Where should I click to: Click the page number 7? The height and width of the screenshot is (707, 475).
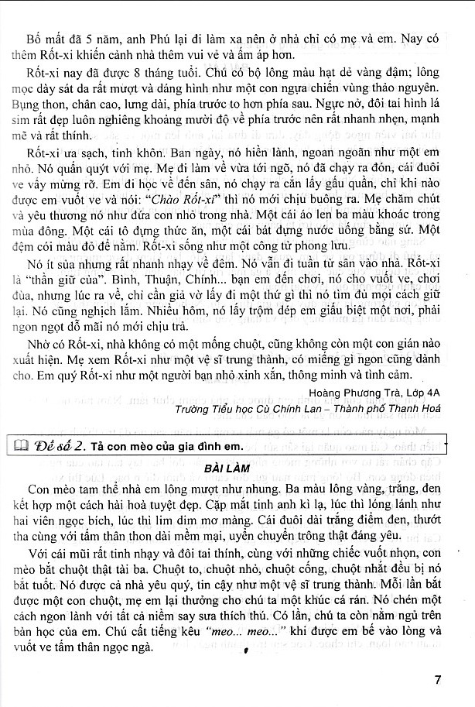point(438,681)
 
